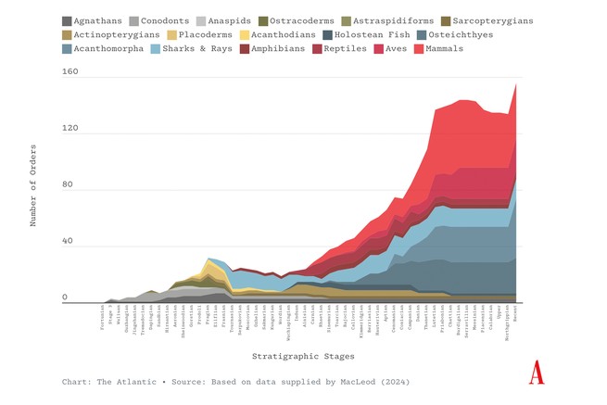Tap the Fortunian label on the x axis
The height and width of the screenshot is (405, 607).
pyautogui.click(x=103, y=317)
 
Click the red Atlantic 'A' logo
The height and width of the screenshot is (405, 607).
pyautogui.click(x=536, y=373)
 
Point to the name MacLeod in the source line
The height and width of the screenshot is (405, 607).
pyautogui.click(x=362, y=382)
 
